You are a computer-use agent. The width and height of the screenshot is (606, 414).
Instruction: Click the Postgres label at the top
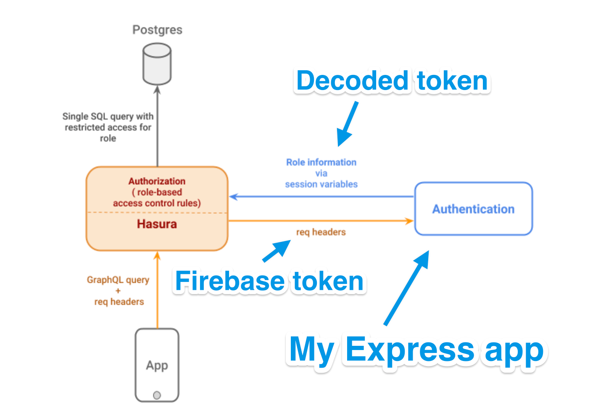tap(157, 30)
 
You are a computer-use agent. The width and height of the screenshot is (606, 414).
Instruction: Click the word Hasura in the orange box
tap(157, 224)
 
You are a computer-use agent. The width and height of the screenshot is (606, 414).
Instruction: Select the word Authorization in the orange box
tap(157, 181)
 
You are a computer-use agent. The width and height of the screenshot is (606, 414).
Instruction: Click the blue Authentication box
tap(473, 209)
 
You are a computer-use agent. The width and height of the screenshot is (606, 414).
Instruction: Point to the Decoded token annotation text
tap(392, 81)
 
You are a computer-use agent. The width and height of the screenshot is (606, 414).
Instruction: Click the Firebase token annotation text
tap(269, 281)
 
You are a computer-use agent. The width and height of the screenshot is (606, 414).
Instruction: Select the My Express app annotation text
tap(416, 349)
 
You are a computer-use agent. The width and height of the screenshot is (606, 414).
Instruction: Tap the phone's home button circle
tap(157, 395)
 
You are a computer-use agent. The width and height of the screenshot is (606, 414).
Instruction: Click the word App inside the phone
tap(157, 365)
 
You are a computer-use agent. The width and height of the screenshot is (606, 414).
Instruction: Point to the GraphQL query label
tap(118, 280)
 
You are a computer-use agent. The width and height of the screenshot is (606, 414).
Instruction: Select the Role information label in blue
tap(321, 162)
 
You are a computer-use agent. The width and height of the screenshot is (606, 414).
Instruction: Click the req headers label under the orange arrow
tap(321, 232)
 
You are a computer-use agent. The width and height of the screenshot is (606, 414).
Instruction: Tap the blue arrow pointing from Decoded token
tap(347, 125)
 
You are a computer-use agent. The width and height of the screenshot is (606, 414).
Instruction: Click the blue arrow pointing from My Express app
tap(407, 288)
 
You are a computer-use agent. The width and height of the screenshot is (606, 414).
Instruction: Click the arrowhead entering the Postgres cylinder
tap(158, 90)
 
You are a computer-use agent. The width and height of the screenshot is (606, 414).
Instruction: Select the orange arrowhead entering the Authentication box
tap(409, 221)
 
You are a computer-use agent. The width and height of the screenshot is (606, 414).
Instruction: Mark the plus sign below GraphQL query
tap(118, 291)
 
